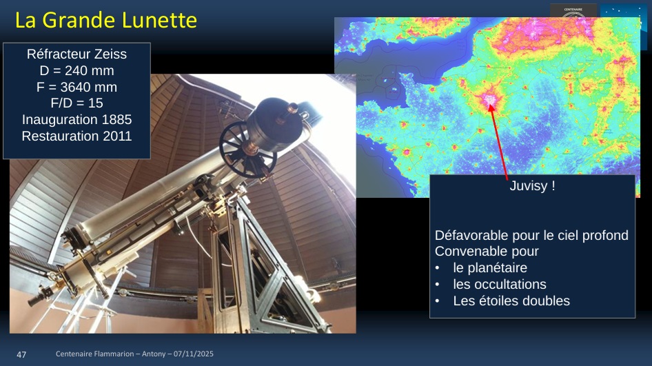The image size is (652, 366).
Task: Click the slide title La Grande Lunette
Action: tap(106, 21)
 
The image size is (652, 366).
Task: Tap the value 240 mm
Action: tap(89, 71)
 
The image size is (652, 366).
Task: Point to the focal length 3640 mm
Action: tap(89, 87)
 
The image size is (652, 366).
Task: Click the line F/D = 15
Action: tap(77, 103)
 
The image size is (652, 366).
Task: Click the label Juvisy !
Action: tap(532, 185)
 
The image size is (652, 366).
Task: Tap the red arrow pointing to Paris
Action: tap(498, 142)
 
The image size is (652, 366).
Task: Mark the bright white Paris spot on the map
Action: tap(489, 100)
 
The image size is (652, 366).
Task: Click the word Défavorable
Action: tap(472, 236)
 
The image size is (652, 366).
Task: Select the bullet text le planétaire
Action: tap(490, 268)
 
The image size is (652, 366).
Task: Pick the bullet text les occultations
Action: tap(500, 285)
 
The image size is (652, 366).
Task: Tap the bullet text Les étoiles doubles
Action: tap(511, 301)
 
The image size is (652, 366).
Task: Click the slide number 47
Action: tap(21, 354)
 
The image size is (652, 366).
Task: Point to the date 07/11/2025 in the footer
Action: tap(194, 354)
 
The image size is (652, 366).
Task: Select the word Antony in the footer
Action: tap(154, 354)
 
